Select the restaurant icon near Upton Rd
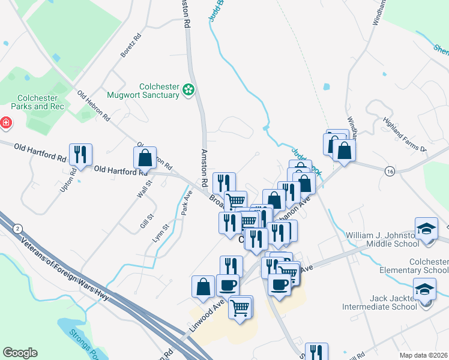[x=80, y=155]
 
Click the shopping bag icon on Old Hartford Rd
[x=145, y=158]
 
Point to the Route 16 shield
[x=390, y=172]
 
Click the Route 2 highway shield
[x=19, y=229]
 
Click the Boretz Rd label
[x=130, y=46]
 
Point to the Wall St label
[x=142, y=191]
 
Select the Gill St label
[x=144, y=221]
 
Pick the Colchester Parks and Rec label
[x=37, y=102]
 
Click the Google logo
[x=20, y=353]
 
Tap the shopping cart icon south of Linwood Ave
[x=240, y=307]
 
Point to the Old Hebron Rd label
[x=94, y=107]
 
